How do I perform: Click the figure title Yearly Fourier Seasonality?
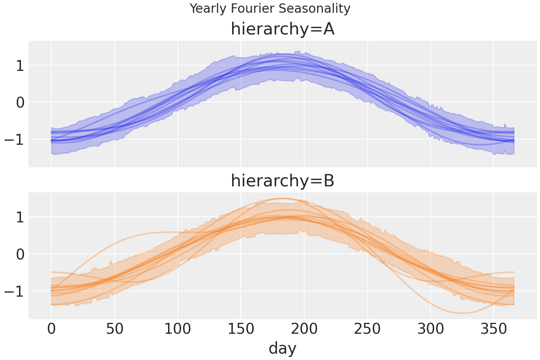[x=270, y=8]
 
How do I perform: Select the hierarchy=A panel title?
[x=282, y=29]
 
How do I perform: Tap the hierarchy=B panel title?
[x=282, y=181]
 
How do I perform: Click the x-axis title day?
[x=282, y=348]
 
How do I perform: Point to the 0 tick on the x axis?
[x=51, y=330]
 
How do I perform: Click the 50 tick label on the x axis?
[x=115, y=330]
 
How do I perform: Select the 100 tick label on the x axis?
[x=178, y=330]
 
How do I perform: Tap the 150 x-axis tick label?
[x=241, y=330]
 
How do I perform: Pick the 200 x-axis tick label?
[x=304, y=330]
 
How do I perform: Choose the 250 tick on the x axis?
[x=367, y=330]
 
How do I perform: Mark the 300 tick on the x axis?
[x=430, y=330]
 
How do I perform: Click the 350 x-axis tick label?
[x=493, y=330]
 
